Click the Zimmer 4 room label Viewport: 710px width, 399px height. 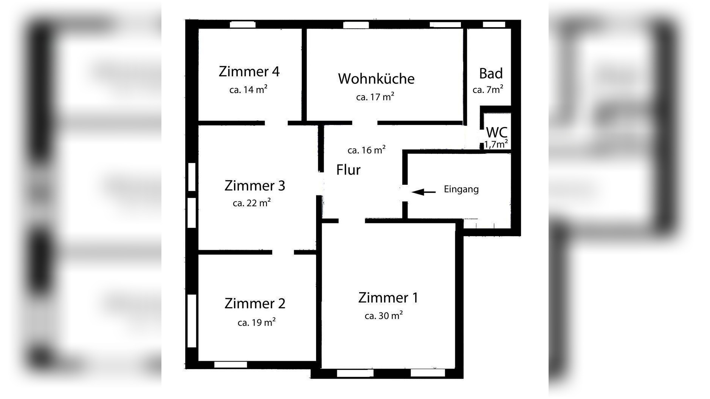pos(249,71)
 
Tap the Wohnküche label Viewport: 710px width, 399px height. pos(376,79)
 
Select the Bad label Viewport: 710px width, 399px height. pos(491,73)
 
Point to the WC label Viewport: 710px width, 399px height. pos(496,132)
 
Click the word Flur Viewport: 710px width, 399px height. pos(348,170)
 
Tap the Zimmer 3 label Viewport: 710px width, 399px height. pos(254,186)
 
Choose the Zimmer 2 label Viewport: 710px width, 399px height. pos(255,303)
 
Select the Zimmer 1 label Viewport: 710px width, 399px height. pos(388,298)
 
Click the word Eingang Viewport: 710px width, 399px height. pos(461,189)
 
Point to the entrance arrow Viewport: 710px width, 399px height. pos(423,192)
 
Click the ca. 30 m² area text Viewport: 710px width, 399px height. pos(383,315)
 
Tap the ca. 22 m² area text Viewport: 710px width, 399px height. pos(251,203)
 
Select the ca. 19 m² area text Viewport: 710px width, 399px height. pos(256,322)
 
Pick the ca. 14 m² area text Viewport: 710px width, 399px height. pos(248,90)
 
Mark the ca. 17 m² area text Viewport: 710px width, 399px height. pos(375,97)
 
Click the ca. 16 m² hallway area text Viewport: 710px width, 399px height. pos(366,150)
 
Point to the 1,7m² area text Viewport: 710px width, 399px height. pos(496,144)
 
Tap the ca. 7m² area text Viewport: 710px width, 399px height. pos(488,90)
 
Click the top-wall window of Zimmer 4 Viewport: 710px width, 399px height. pos(243,25)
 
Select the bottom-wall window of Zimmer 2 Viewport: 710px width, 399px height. pos(230,365)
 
